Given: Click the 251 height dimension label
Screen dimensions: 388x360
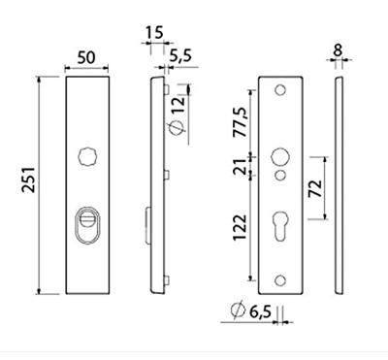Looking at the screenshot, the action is tap(28, 180).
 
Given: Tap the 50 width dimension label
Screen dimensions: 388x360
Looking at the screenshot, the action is tap(86, 57).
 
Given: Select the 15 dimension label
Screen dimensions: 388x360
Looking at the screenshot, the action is tap(154, 33).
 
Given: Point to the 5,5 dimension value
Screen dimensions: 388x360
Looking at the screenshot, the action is tap(180, 56).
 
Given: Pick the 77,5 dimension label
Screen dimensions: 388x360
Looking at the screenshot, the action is tap(241, 122).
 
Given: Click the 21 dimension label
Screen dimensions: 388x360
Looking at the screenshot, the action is tap(241, 167).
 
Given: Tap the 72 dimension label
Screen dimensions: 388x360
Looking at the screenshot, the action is tap(315, 188).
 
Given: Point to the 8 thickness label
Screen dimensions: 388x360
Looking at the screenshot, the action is tap(338, 50).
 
